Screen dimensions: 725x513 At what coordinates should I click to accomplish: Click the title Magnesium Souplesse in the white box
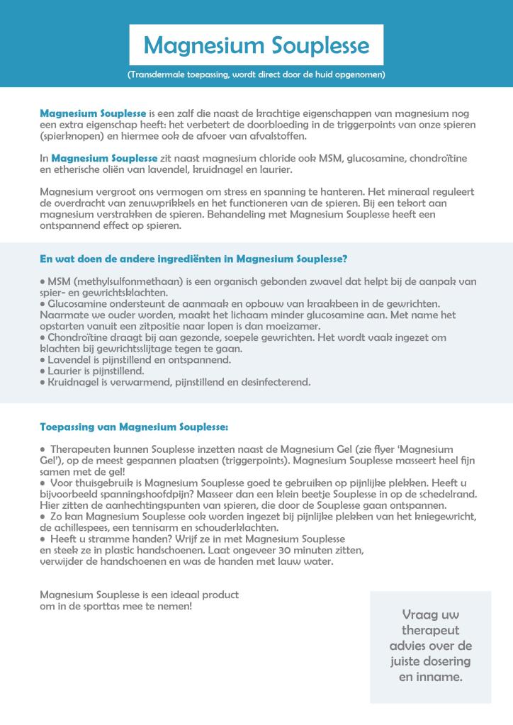pyautogui.click(x=256, y=45)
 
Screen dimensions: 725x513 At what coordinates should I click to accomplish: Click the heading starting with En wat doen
pyautogui.click(x=193, y=259)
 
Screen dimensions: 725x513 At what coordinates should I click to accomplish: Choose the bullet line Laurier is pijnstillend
pyautogui.click(x=96, y=371)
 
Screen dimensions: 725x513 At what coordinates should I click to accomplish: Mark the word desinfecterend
pyautogui.click(x=274, y=382)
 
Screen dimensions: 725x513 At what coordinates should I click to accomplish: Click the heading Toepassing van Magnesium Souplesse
pyautogui.click(x=135, y=427)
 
